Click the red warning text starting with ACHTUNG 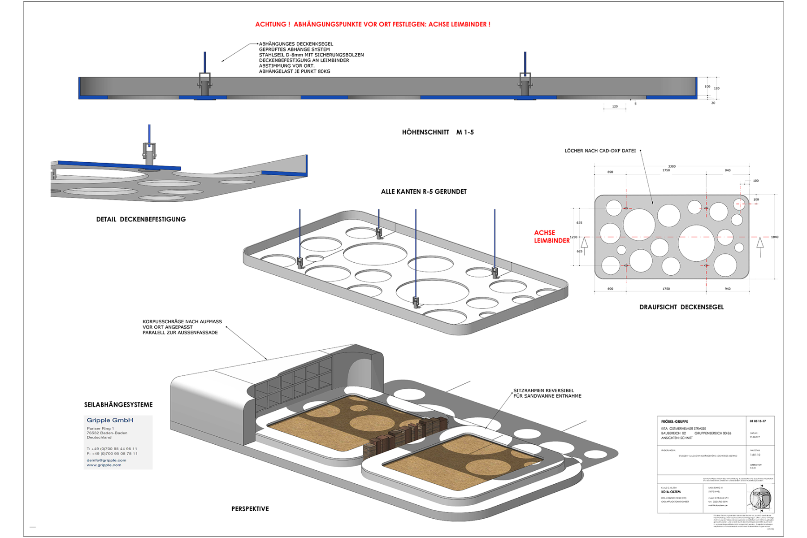click(x=373, y=24)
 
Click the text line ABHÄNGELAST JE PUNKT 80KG click(x=295, y=71)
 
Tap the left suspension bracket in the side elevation click(x=204, y=82)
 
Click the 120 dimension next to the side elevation click(x=716, y=88)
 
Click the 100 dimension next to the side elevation click(x=707, y=87)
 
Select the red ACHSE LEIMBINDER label click(x=551, y=237)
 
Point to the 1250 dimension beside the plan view click(x=573, y=237)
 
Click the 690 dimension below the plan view click(x=610, y=289)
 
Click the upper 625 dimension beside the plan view click(x=579, y=223)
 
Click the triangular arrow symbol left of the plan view click(x=584, y=243)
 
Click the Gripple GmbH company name click(x=110, y=421)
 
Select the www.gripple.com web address click(x=104, y=465)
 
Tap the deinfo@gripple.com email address click(x=106, y=460)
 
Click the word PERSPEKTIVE click(x=250, y=509)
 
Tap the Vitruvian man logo click(x=759, y=498)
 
